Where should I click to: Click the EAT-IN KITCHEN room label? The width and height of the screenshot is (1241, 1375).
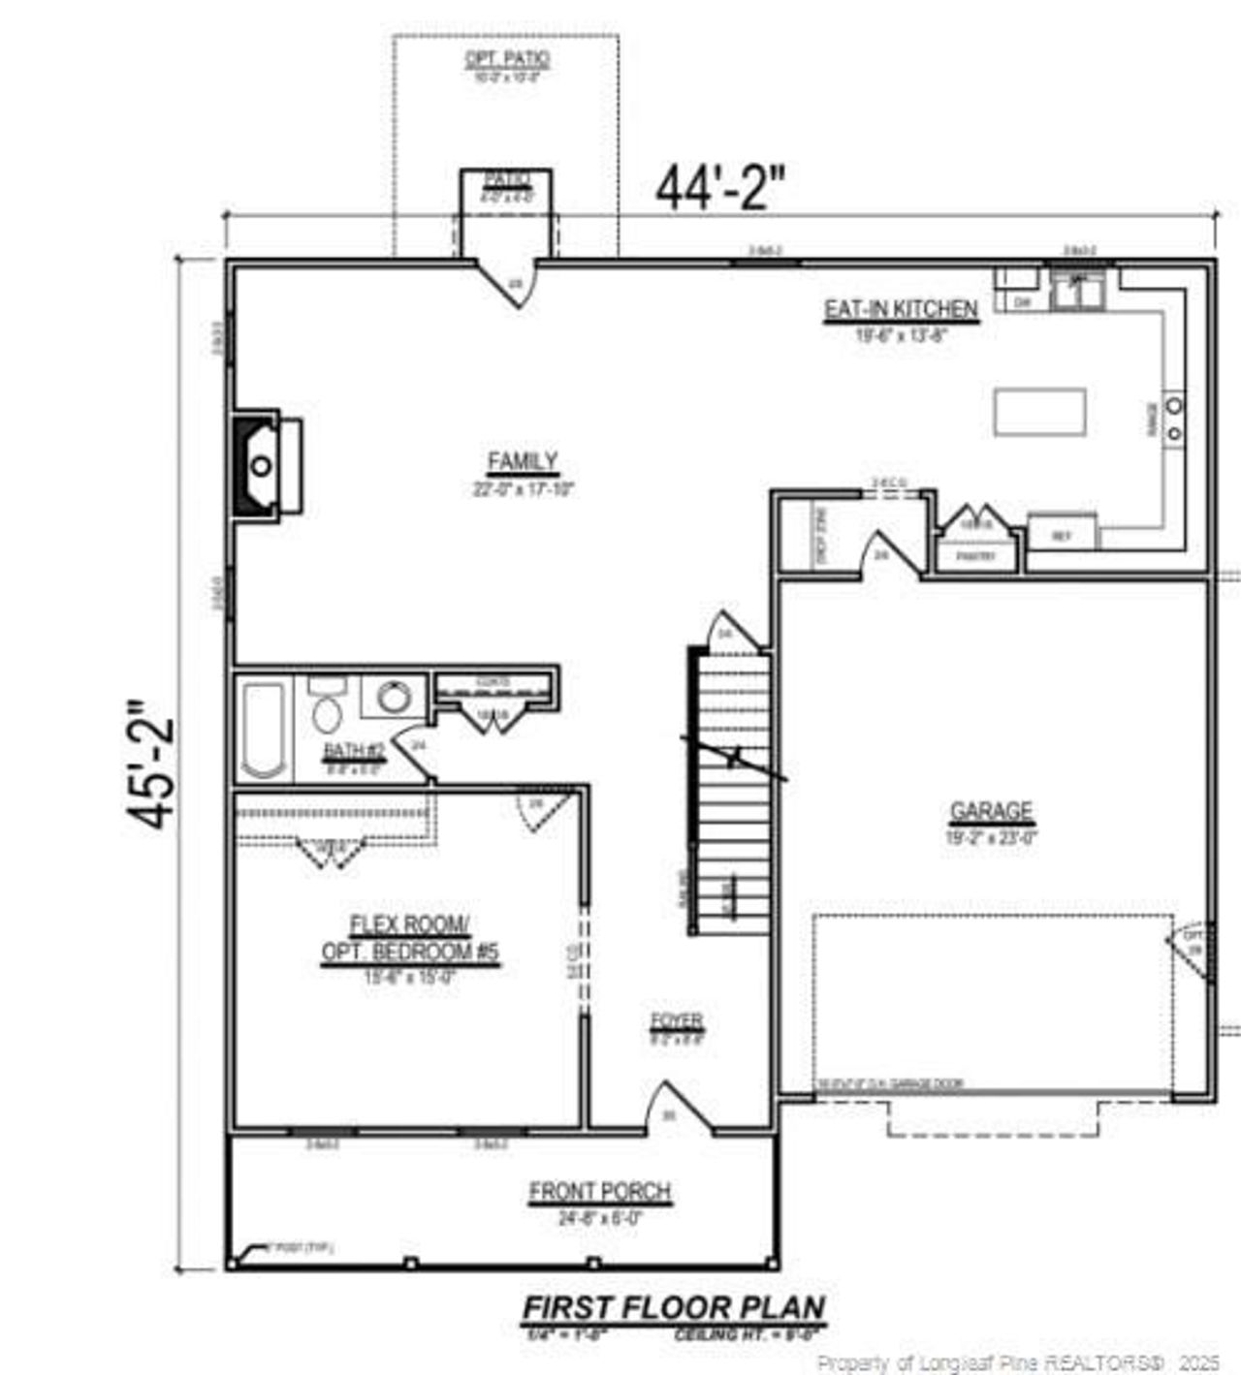pos(901,310)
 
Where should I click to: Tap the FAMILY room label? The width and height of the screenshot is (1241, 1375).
pos(523,462)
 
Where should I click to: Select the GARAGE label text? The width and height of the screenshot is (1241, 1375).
pos(991,811)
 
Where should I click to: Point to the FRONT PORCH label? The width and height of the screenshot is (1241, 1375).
pos(600,1192)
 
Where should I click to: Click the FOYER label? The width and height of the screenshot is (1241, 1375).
pos(677,1021)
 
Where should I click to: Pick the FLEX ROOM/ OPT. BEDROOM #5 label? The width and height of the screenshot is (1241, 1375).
pos(410,938)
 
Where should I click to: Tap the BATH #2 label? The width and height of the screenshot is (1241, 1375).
pos(354,750)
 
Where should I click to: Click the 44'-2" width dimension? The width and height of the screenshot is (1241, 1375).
pos(719,188)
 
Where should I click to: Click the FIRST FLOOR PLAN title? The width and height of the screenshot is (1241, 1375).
pos(674,1308)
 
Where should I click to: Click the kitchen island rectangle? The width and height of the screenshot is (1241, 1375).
pos(1039,412)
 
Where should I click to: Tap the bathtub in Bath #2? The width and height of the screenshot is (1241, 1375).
pos(264,729)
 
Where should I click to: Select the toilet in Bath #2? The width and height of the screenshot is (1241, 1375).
pos(327,711)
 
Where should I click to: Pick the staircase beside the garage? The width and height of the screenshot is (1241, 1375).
pos(732,785)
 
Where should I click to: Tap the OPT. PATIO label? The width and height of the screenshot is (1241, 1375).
pos(507,59)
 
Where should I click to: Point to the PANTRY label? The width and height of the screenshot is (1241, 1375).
pos(976,557)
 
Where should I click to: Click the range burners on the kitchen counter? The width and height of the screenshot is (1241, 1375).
pos(1174,418)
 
